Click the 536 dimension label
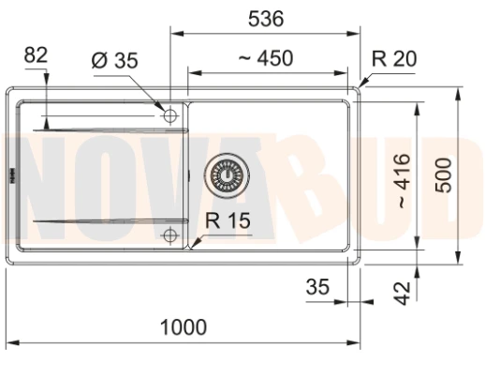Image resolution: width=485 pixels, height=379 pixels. point(266,19)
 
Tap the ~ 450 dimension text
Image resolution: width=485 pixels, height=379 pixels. point(266,58)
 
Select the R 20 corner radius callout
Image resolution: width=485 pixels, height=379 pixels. point(394,58)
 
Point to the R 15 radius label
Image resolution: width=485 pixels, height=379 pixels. point(228,220)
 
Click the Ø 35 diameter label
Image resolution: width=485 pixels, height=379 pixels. point(115,60)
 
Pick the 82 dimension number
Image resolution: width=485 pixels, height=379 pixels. point(36,55)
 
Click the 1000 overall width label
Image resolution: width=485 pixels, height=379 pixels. point(184,327)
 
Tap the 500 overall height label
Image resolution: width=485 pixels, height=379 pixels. point(444,175)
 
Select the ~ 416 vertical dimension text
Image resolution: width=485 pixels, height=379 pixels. point(404,181)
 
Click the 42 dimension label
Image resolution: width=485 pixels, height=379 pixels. point(403,293)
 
